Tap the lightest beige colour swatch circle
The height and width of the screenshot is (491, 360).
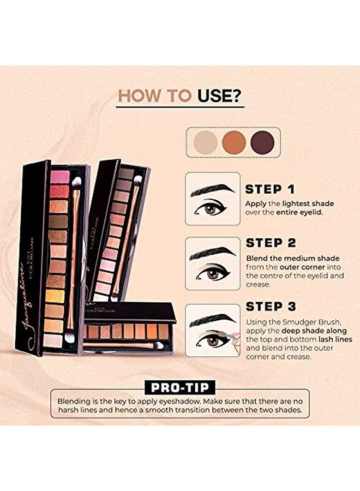click(204, 142)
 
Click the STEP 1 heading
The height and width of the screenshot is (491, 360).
click(270, 190)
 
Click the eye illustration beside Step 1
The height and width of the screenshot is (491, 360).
click(212, 199)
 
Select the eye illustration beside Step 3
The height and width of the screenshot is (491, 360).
click(212, 330)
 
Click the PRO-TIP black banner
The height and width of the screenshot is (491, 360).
click(179, 388)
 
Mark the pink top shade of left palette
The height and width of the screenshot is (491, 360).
click(59, 177)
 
